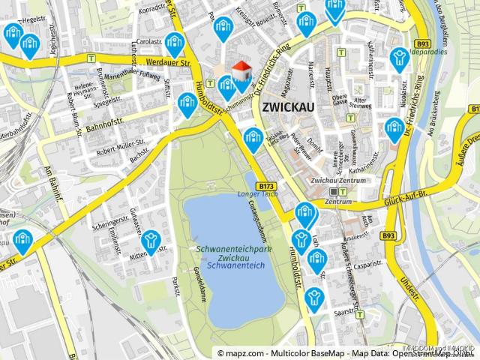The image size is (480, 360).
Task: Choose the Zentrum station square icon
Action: (333, 192)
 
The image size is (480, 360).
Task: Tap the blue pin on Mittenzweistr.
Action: (151, 241)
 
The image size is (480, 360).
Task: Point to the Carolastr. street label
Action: (149, 42)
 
